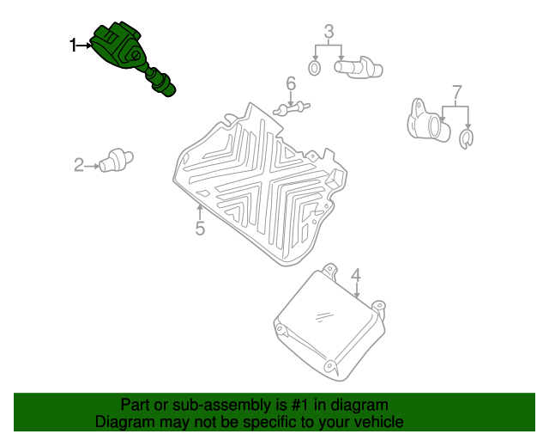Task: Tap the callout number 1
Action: [x=73, y=46]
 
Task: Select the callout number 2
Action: [x=79, y=165]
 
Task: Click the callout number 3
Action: [x=329, y=32]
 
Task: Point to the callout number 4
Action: [x=356, y=276]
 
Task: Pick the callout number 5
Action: [x=200, y=228]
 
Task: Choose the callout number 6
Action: [x=291, y=83]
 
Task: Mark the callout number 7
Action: [x=457, y=92]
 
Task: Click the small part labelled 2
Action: [x=117, y=161]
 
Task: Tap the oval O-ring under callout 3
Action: [x=315, y=68]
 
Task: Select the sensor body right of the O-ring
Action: [x=359, y=67]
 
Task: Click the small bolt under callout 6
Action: [x=292, y=108]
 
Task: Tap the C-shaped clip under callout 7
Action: [x=466, y=139]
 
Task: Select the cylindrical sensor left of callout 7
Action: [x=429, y=121]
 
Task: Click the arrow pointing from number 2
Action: [x=92, y=166]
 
